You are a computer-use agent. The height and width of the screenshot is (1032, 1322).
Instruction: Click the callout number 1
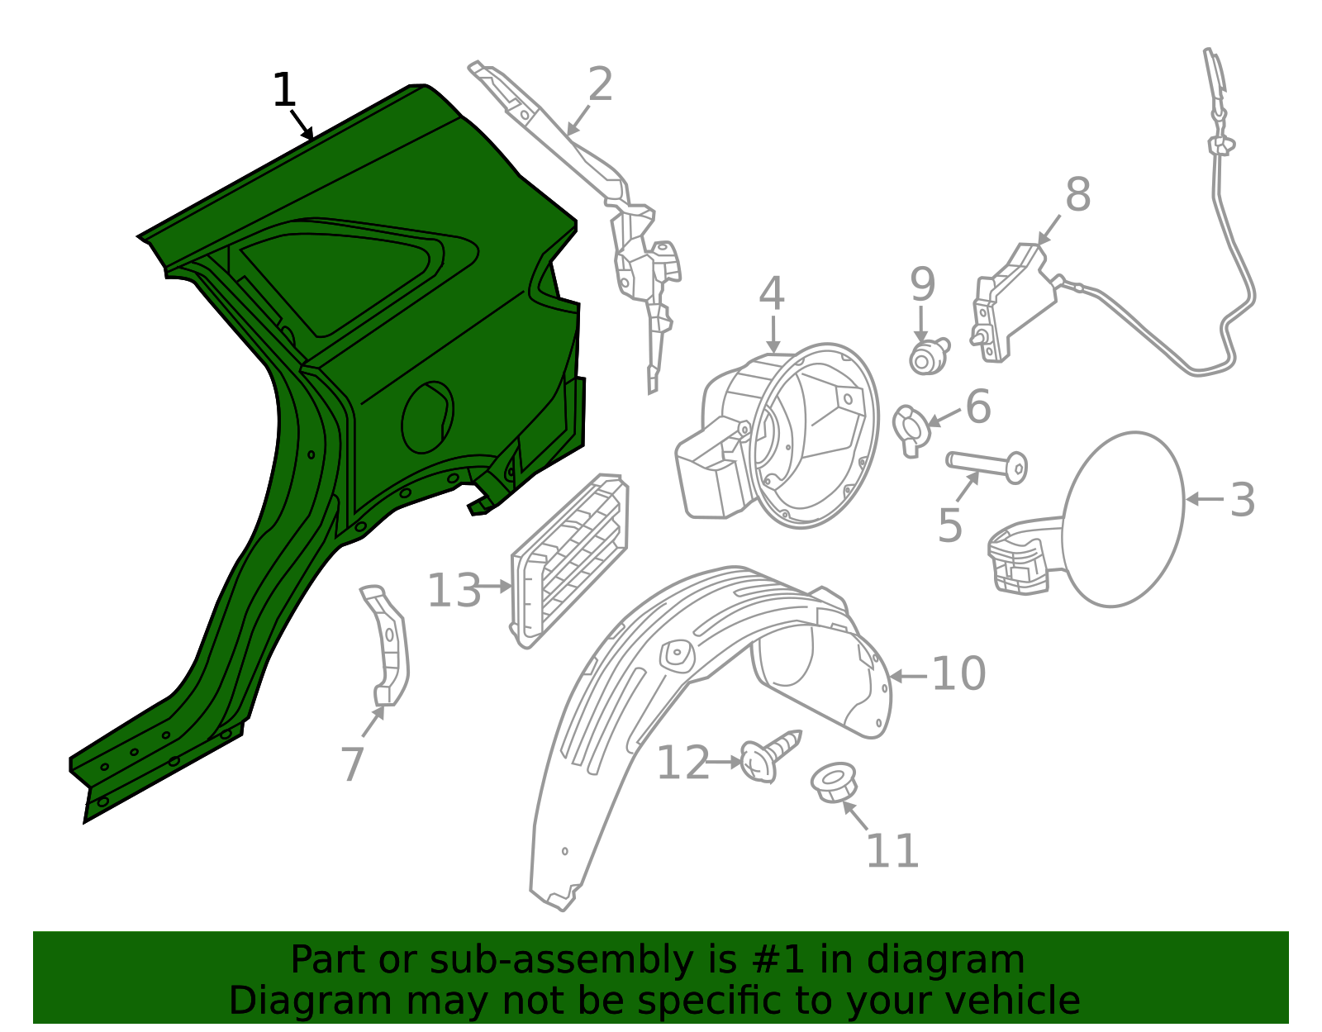tap(283, 90)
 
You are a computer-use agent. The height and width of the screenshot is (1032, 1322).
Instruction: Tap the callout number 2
tap(601, 84)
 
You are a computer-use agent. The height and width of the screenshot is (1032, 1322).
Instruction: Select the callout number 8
tap(1078, 195)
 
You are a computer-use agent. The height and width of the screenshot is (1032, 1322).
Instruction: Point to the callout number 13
tap(454, 590)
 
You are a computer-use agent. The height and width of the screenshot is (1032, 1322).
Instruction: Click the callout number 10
tap(958, 673)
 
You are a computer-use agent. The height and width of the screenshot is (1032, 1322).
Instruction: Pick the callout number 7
tap(353, 764)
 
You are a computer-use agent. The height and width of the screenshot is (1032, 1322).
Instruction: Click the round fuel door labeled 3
tap(1123, 520)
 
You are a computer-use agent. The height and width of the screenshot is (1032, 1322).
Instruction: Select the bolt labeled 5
tap(987, 467)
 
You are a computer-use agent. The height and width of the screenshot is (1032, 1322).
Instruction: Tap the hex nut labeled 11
tap(834, 782)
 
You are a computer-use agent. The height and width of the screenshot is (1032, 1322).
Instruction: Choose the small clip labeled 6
tap(911, 430)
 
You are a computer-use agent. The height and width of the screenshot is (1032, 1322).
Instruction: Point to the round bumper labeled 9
tap(929, 356)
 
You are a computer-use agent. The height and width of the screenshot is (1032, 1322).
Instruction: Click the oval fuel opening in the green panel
tap(428, 417)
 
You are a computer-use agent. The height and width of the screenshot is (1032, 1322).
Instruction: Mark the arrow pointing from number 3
tap(1205, 499)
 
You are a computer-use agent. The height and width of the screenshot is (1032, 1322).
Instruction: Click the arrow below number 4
tap(773, 334)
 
